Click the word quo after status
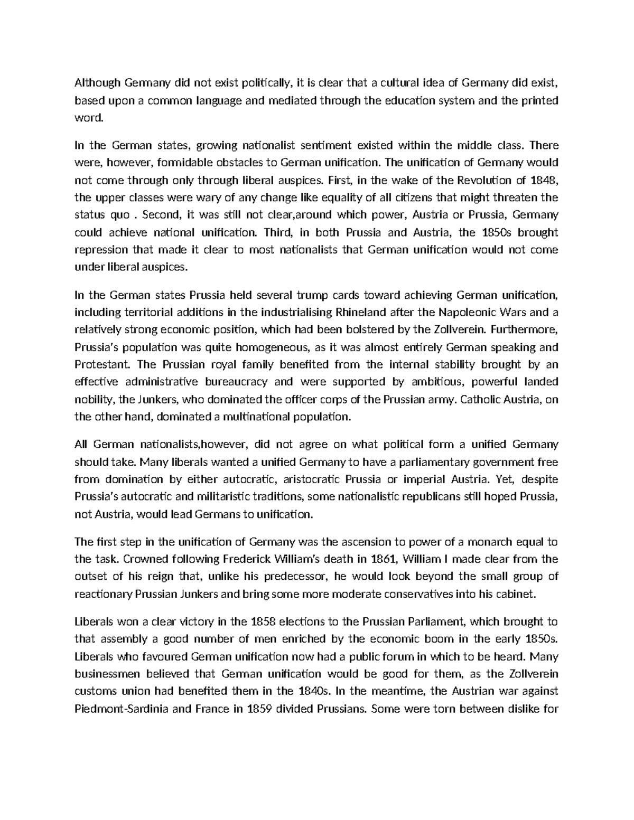point(113,215)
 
